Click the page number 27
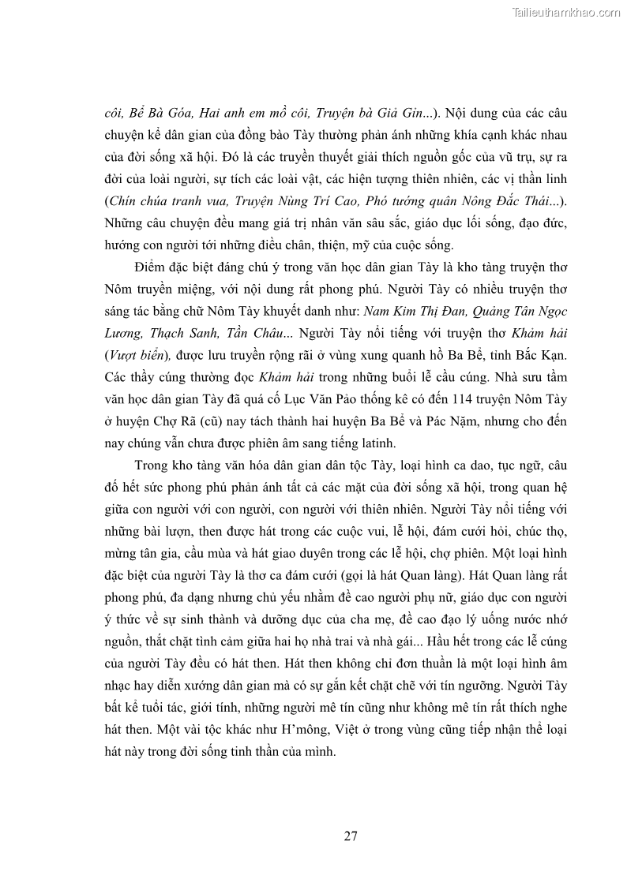click(351, 836)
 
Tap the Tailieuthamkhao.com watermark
click(566, 12)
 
